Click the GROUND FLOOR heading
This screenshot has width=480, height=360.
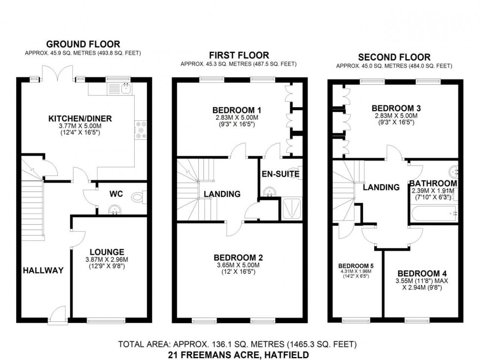(83, 44)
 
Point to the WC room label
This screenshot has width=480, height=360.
(116, 194)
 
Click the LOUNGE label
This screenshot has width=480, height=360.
(107, 252)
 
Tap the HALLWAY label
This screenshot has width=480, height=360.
(43, 270)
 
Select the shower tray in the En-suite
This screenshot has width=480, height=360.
(292, 209)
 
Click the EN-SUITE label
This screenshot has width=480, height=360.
(280, 174)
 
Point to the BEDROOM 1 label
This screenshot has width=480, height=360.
(237, 110)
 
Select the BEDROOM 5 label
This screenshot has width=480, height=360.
(356, 265)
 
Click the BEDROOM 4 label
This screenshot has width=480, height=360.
(422, 273)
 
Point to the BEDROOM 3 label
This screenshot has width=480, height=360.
(396, 108)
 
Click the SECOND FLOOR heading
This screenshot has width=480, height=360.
(394, 57)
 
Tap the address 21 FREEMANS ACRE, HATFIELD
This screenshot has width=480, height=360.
(239, 355)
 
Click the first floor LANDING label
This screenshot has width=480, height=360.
(222, 194)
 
